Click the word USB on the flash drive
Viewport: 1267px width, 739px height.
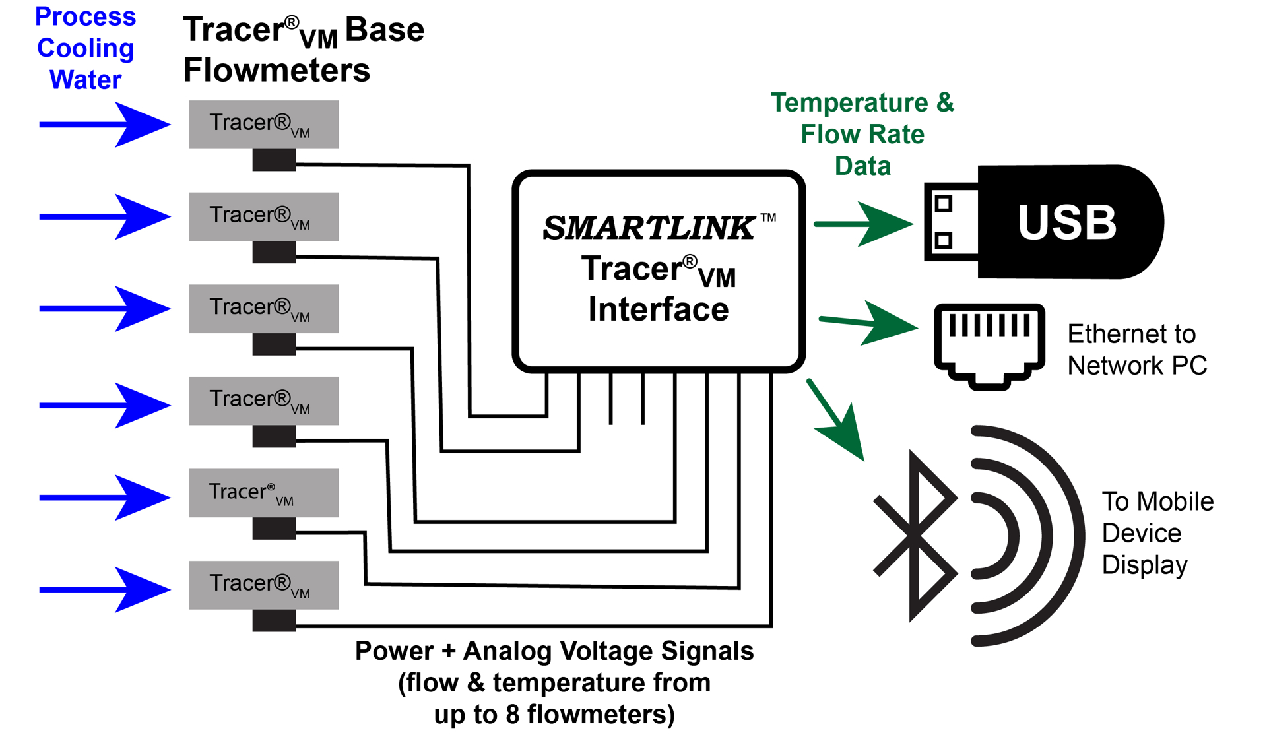pos(1066,222)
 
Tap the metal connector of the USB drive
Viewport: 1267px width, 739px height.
pos(950,222)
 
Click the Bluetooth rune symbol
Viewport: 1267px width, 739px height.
pos(915,536)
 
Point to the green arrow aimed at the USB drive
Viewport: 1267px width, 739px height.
pos(864,224)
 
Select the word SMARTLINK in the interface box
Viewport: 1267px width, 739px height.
pos(648,228)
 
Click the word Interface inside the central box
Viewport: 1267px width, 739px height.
pos(658,309)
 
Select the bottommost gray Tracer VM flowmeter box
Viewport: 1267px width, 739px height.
pos(263,585)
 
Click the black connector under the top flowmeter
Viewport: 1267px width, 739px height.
pos(274,160)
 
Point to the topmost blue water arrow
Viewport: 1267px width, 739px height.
pos(106,124)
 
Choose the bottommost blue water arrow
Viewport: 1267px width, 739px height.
pos(106,589)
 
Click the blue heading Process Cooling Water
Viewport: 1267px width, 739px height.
pos(85,48)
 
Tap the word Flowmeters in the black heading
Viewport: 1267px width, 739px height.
pos(276,70)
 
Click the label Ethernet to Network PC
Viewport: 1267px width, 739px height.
pos(1136,350)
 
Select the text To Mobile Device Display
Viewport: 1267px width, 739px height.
pos(1156,533)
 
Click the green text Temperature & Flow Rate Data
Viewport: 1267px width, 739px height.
pos(862,134)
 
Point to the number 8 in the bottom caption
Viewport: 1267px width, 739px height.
pos(513,715)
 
